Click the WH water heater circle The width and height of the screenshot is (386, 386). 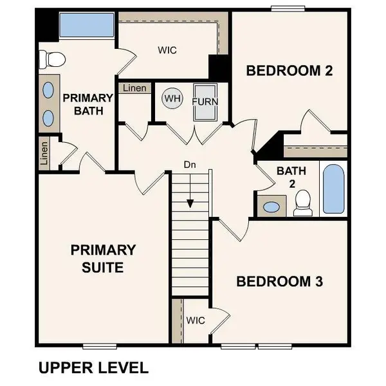tap(172, 98)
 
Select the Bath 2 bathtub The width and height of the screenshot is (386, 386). tap(334, 188)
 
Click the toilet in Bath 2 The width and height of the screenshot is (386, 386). tap(302, 203)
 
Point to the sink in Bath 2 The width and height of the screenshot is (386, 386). tap(272, 208)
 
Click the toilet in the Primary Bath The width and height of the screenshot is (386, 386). tap(51, 60)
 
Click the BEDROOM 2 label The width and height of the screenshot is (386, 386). tap(289, 71)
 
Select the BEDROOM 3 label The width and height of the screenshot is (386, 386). tap(279, 281)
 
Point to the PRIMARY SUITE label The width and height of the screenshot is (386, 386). tap(103, 258)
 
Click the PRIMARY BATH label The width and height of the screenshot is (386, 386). tap(87, 104)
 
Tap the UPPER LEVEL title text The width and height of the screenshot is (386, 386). tap(94, 368)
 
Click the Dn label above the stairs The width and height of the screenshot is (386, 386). tap(190, 165)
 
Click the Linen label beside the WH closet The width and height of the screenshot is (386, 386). tap(134, 88)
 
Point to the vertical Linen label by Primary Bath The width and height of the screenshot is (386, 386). tap(44, 153)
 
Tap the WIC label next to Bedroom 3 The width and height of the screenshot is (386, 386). tap(196, 320)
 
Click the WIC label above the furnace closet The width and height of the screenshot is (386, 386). tap(167, 50)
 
